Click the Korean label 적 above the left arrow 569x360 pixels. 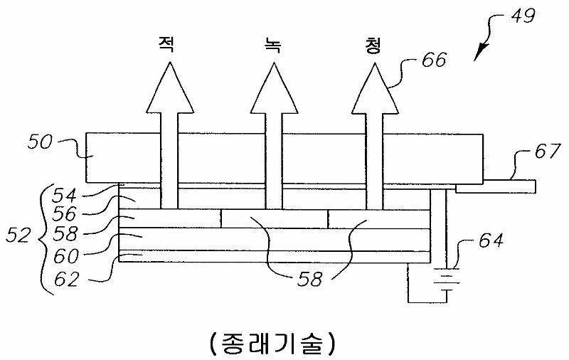[168, 46]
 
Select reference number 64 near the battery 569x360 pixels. [487, 241]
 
